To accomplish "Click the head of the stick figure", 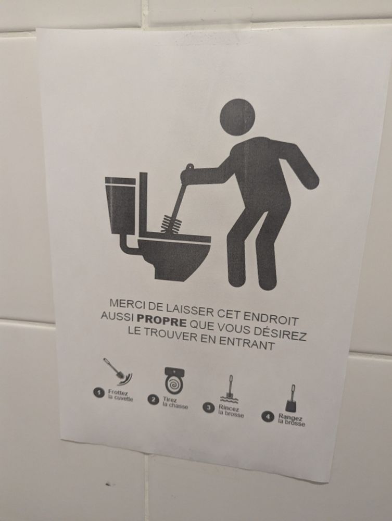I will [237, 117].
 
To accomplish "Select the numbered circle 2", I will [153, 399].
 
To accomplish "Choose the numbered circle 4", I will [268, 416].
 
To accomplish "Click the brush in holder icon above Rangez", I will [291, 399].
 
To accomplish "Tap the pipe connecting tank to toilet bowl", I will [128, 245].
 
